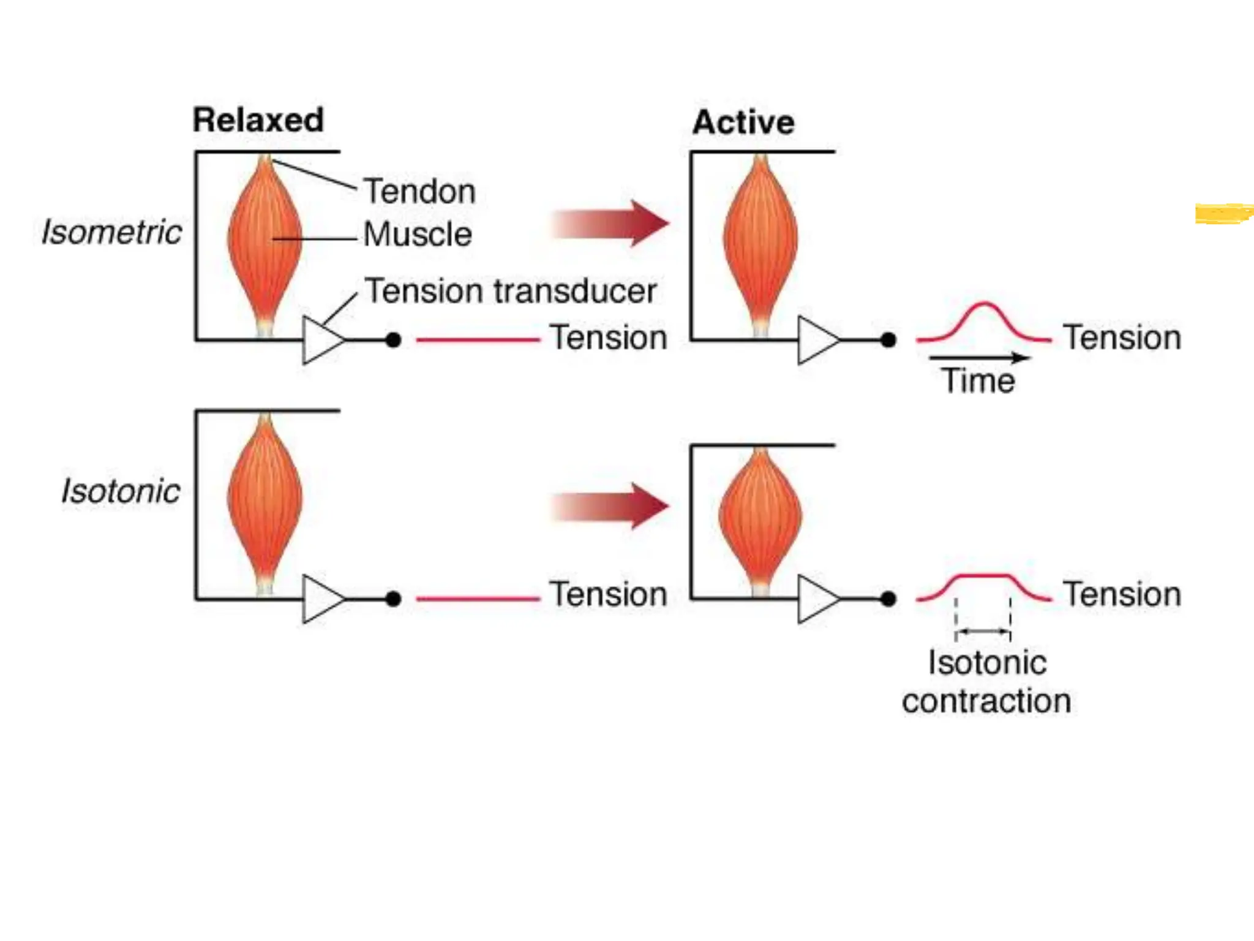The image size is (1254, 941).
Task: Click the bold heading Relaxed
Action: (x=258, y=120)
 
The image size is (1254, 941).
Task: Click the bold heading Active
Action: (x=743, y=123)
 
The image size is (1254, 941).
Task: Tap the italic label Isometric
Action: (x=111, y=232)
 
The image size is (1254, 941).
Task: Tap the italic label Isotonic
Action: (x=121, y=491)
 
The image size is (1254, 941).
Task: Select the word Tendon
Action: (x=419, y=191)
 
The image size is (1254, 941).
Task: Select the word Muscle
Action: (x=418, y=235)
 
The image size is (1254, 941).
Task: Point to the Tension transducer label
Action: (x=510, y=290)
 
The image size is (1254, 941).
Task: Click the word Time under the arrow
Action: (x=978, y=380)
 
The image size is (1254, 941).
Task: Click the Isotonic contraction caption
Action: (x=986, y=681)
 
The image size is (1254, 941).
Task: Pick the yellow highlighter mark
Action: (x=1223, y=213)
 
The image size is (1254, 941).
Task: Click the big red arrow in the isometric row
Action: (x=611, y=224)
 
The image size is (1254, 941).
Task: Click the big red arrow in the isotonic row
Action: (x=611, y=506)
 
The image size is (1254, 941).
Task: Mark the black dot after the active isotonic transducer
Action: (x=888, y=599)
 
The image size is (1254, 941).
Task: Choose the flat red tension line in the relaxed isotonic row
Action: (x=478, y=599)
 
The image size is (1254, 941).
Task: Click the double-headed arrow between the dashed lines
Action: (x=983, y=631)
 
